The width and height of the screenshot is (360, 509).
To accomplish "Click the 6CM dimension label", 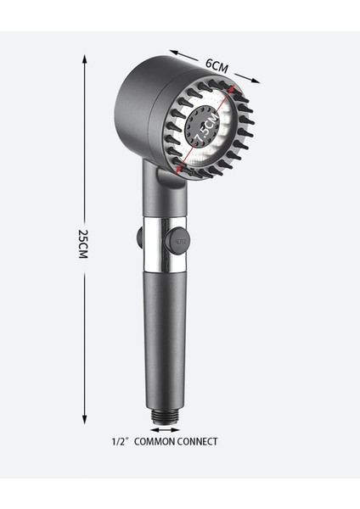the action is coord(217,66).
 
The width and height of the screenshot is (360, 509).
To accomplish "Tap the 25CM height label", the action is coord(83,243).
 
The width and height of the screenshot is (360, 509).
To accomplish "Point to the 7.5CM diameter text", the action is coord(207,129).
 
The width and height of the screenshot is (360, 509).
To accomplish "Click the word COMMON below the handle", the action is coord(155,441).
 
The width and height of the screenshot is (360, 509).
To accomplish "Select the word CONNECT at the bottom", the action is coord(197,441).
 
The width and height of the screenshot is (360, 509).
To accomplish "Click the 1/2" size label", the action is coord(119,441).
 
